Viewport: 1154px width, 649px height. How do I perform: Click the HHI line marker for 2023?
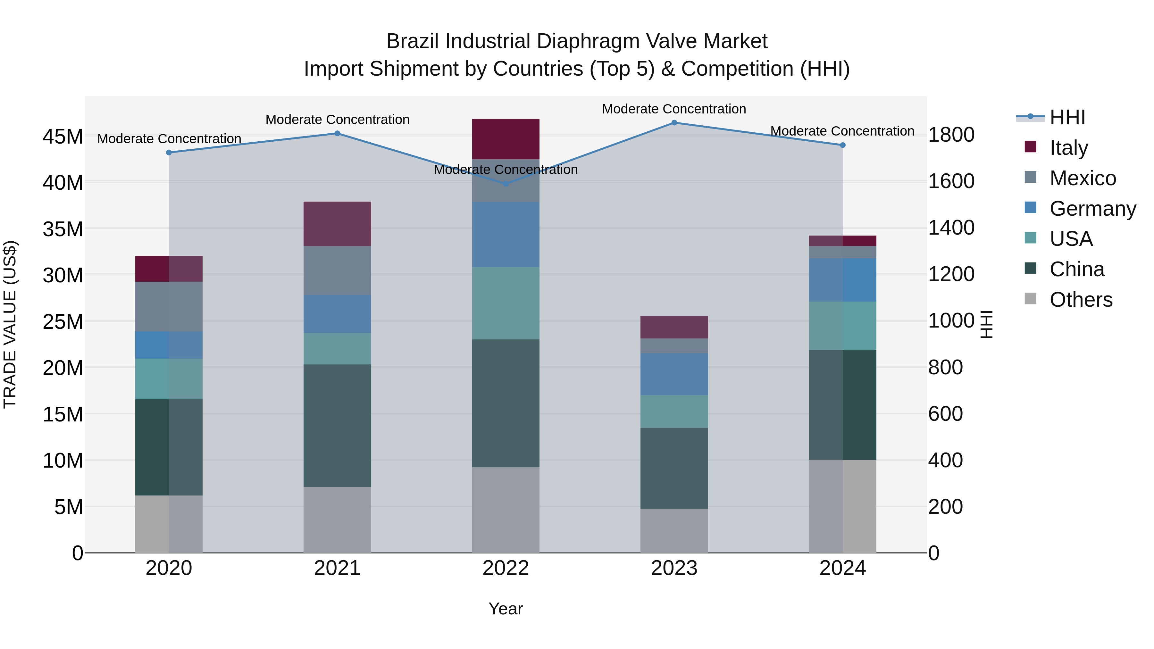(674, 123)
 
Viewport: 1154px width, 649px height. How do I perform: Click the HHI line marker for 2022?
(506, 184)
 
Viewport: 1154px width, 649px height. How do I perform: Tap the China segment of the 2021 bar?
(337, 426)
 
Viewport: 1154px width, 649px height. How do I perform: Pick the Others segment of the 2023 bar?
(674, 531)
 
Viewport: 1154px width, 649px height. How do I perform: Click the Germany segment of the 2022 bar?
(506, 234)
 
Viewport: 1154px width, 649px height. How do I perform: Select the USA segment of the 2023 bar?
(674, 411)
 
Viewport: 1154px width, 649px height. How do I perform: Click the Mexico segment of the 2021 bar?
(337, 270)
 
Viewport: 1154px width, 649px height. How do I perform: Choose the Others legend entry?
(1081, 300)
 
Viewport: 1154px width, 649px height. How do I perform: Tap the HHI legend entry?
(1067, 117)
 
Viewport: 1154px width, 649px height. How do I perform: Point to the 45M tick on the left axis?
(63, 137)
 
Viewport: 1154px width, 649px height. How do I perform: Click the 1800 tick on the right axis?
(951, 135)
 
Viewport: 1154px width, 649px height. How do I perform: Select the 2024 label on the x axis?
(842, 568)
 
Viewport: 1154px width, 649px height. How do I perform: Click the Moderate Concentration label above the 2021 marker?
(337, 120)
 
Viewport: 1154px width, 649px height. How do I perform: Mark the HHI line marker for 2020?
(169, 153)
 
